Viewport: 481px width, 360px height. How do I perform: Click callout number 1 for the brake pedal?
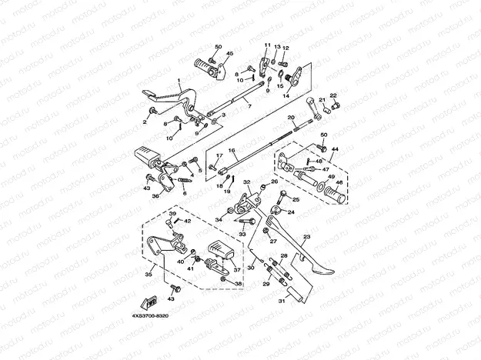point(179,80)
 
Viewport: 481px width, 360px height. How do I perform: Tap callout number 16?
point(231,151)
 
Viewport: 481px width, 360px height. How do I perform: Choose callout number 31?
point(281,300)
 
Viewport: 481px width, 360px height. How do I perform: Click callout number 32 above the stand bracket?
point(247,182)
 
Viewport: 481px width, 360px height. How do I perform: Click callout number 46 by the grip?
point(339,183)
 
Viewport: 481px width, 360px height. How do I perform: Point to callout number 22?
point(334,96)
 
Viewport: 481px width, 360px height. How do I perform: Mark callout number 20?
point(291,117)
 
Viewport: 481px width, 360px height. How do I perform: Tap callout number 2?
point(144,121)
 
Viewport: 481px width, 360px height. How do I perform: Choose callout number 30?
point(249,267)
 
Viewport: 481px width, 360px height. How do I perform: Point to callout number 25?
point(296,198)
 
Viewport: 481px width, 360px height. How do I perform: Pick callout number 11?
point(268,45)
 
